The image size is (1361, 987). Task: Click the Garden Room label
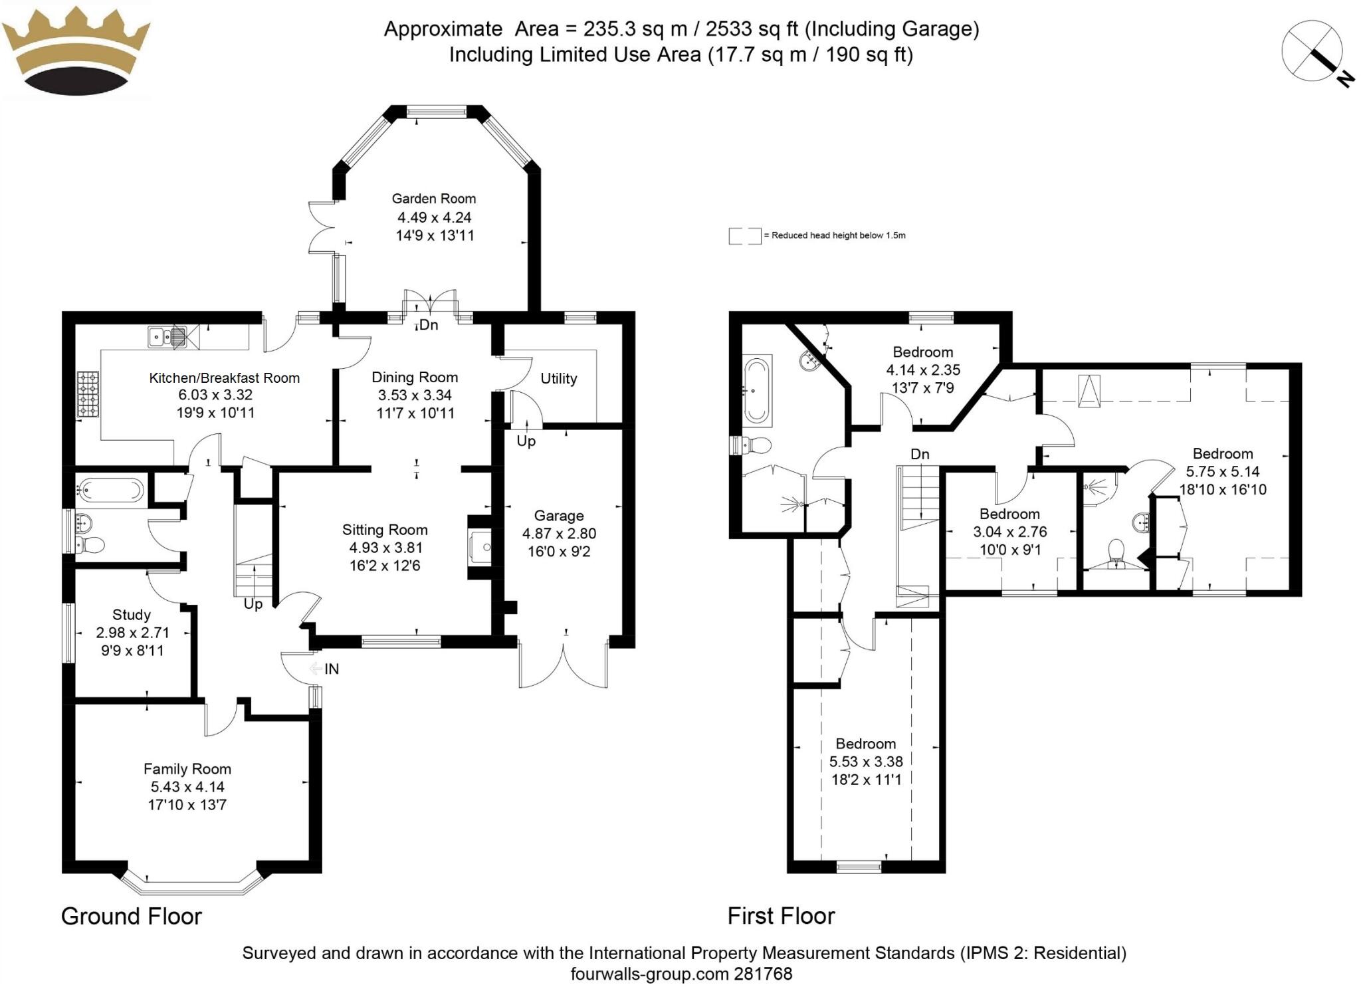pos(433,198)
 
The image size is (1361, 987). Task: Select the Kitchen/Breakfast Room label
pos(224,378)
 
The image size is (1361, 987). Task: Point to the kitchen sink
pos(166,337)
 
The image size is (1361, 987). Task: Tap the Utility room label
pos(558,378)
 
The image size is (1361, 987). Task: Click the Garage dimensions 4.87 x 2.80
pos(559,533)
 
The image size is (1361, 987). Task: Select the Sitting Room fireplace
pos(480,547)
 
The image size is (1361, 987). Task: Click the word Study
pos(131,614)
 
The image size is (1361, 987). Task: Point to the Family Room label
pos(187,769)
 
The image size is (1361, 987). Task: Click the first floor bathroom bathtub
pos(758,391)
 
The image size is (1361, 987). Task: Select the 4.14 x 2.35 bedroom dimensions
pos(923,370)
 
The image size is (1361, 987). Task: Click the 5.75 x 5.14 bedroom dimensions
pos(1223,471)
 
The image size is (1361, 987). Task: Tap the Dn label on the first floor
pos(920,454)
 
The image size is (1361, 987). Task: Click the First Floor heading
pos(781,916)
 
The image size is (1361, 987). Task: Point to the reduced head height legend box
pos(744,235)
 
